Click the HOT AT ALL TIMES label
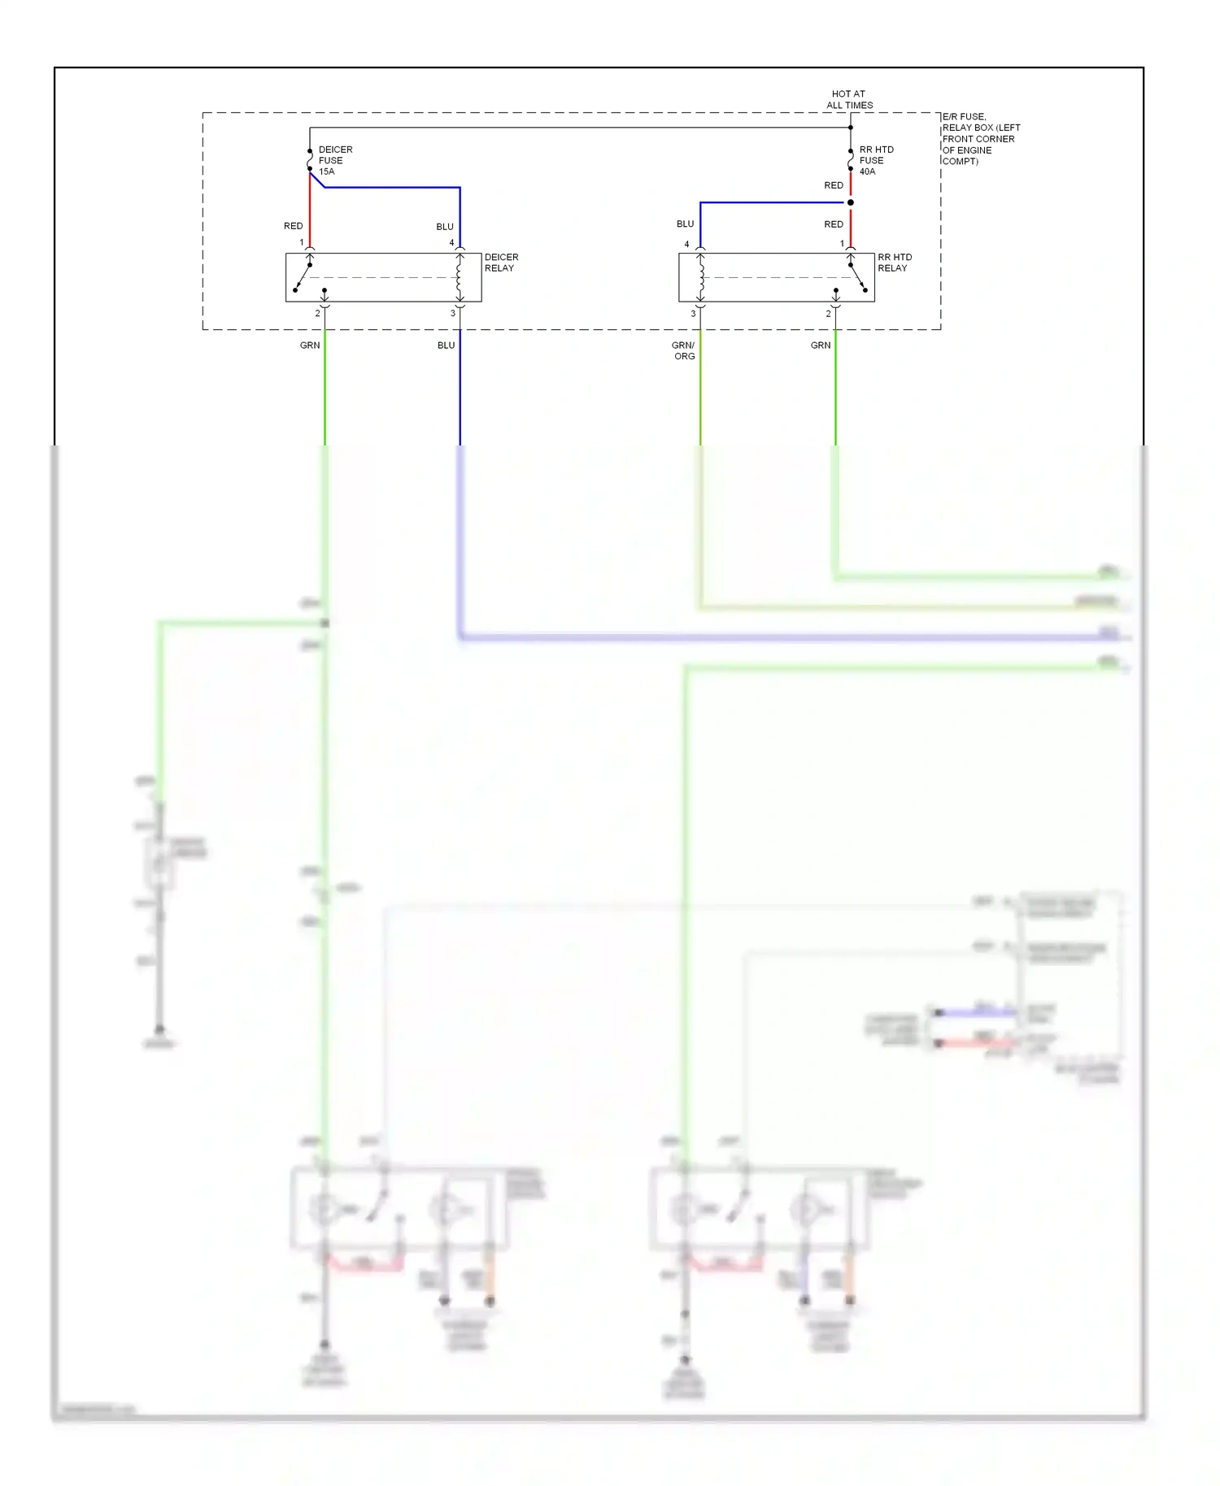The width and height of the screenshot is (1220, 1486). coord(849,99)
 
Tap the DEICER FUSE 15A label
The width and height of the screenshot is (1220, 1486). coord(335,160)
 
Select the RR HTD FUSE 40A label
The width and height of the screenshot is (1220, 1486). coord(876,160)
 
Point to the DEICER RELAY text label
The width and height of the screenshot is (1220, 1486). coord(501,263)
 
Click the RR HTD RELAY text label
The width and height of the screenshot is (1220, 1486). coord(894,263)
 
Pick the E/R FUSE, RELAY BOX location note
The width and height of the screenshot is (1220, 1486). coord(980,139)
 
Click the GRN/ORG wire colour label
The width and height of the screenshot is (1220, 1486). coord(683,350)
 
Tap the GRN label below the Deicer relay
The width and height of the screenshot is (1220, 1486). coord(310,345)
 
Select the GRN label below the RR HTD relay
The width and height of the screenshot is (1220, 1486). coord(821,345)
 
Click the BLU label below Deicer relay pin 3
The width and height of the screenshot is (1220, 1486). coord(446,345)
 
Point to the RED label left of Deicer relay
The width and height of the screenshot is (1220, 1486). coord(293,226)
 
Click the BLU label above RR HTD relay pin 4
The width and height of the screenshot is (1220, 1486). coord(685,224)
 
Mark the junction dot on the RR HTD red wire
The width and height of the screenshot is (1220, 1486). coord(851,202)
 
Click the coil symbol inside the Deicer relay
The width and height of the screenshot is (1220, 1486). coord(460,276)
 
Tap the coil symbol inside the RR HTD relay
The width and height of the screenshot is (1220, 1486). coord(700,276)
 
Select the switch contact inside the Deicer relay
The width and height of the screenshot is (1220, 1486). coord(304,275)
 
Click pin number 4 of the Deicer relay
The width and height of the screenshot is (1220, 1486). coord(451,243)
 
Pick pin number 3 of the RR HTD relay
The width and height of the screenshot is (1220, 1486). coord(693,314)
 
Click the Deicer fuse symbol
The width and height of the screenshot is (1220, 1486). coord(310,160)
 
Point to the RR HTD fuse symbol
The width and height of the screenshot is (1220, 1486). coord(851,160)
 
